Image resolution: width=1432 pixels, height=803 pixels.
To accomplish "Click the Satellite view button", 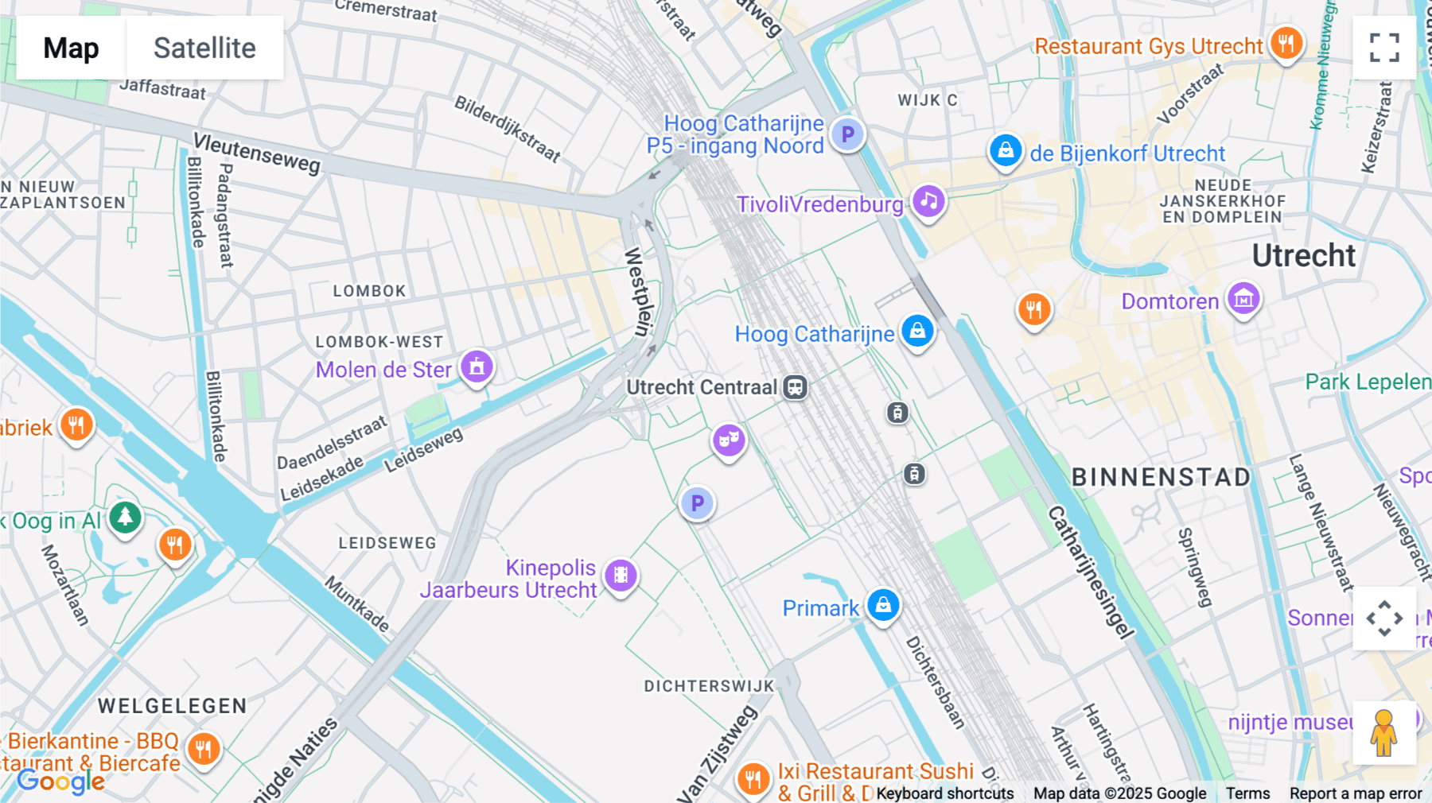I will [204, 48].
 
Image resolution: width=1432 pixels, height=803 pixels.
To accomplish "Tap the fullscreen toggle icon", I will [1384, 48].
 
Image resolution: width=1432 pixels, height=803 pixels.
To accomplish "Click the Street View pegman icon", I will [1384, 732].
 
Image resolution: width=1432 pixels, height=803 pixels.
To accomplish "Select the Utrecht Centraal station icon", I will [796, 387].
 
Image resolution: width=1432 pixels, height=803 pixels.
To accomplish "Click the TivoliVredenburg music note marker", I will [928, 201].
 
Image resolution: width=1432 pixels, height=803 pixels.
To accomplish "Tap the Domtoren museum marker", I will [1243, 299].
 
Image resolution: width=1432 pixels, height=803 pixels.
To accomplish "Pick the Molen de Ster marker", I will [477, 367].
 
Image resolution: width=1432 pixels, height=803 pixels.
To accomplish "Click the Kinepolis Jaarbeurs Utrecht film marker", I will [621, 575].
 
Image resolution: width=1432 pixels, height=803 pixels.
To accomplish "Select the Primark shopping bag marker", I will [883, 605].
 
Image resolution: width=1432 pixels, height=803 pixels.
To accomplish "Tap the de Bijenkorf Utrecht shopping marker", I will [1006, 150].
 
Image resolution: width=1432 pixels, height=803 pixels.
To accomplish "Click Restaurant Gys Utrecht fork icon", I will [1286, 43].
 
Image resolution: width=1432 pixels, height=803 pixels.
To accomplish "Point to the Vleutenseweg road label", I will [257, 153].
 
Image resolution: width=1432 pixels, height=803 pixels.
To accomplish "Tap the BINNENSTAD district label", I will [1162, 477].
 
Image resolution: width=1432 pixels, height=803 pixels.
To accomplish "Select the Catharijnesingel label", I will [1090, 572].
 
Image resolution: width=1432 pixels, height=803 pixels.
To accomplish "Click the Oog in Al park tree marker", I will [125, 518].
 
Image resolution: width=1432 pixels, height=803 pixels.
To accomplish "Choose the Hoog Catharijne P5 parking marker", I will [847, 134].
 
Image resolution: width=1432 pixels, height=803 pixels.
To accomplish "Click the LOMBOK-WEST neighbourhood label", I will [379, 342].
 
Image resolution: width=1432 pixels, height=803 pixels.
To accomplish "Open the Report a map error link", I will [1356, 793].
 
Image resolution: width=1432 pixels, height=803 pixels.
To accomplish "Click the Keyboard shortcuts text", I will [944, 793].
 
